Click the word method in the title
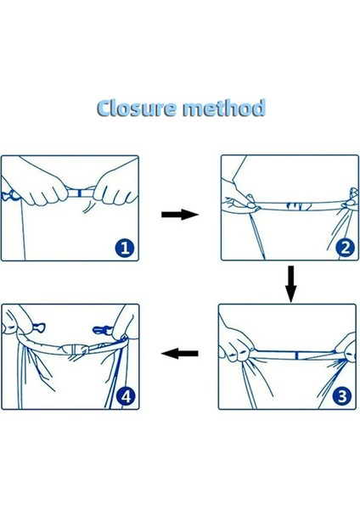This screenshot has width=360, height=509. pyautogui.click(x=224, y=108)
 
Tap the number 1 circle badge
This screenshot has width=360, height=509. pyautogui.click(x=125, y=249)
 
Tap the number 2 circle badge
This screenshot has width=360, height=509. pyautogui.click(x=346, y=248)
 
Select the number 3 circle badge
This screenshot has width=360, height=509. pyautogui.click(x=342, y=396)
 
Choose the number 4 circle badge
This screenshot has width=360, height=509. pyautogui.click(x=126, y=396)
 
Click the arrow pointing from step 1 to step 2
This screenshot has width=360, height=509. pyautogui.click(x=180, y=215)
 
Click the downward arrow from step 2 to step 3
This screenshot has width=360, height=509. pyautogui.click(x=290, y=284)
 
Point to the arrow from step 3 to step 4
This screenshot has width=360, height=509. pyautogui.click(x=180, y=353)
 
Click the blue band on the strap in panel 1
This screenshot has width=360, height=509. pyautogui.click(x=79, y=193)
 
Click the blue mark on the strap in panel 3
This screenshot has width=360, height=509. pyautogui.click(x=296, y=355)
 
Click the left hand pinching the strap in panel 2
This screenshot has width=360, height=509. pyautogui.click(x=239, y=195)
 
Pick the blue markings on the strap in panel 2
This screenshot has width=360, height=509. pyautogui.click(x=299, y=206)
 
